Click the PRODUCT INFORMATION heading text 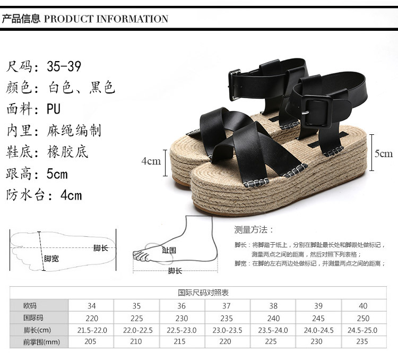tap(106, 19)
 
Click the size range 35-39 tap(64, 67)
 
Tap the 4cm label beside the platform tap(151, 161)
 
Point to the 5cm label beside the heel tap(384, 154)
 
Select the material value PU tap(54, 109)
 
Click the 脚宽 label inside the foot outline tap(51, 259)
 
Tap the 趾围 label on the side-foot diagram tap(169, 250)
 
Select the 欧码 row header tap(30, 306)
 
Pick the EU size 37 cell tap(227, 306)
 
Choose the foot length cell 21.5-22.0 tap(92, 330)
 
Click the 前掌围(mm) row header tap(40, 342)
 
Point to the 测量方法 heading tap(254, 230)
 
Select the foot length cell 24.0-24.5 tap(318, 330)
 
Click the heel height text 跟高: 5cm tap(37, 174)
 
